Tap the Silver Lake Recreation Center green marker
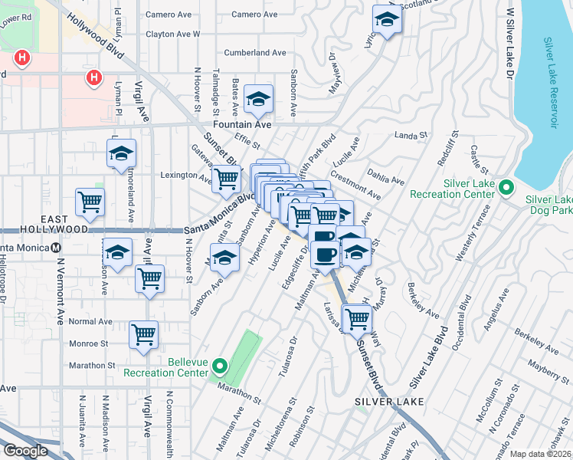(x=506, y=187)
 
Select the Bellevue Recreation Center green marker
(x=221, y=367)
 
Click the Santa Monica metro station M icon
(x=55, y=248)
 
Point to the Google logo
(x=25, y=451)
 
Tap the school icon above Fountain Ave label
(x=258, y=100)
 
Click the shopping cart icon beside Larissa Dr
(x=357, y=318)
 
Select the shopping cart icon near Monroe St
(x=143, y=335)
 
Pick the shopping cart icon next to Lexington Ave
(x=225, y=179)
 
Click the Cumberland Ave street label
(x=255, y=53)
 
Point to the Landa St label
(x=411, y=136)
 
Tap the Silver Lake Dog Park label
(x=548, y=204)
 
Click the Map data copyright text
(x=541, y=454)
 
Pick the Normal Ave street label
(x=90, y=321)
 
